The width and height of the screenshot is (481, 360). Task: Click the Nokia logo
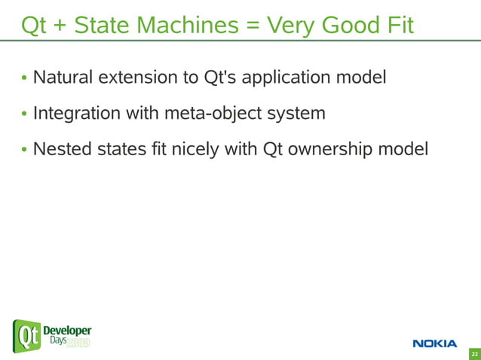[434, 343]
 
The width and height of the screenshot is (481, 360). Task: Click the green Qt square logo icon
[26, 336]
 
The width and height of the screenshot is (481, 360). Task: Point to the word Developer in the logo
[67, 331]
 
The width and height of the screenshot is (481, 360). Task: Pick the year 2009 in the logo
[78, 343]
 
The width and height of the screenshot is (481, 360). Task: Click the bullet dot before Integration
[25, 114]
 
